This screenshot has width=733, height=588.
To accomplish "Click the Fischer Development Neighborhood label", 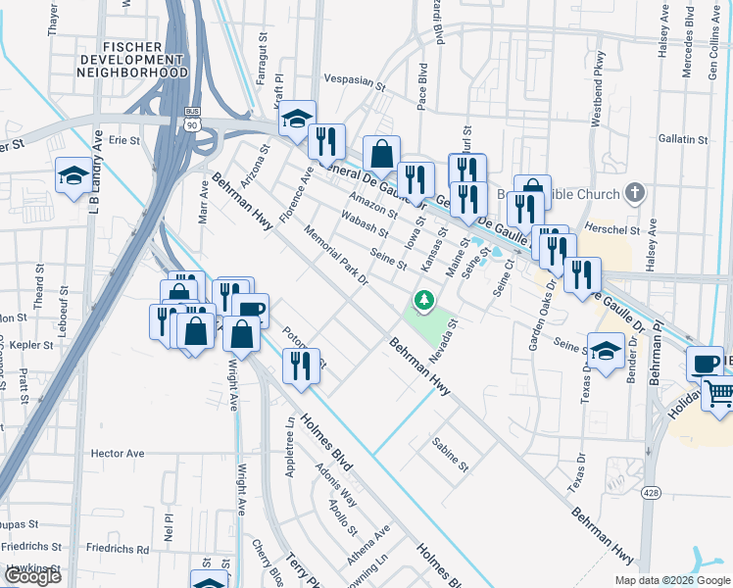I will (x=132, y=59).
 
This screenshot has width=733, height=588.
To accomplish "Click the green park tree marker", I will (x=424, y=301).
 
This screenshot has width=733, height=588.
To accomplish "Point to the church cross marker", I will (x=635, y=193).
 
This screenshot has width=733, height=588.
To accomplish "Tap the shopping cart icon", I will (x=718, y=394).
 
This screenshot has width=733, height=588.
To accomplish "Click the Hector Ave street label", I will (x=117, y=454).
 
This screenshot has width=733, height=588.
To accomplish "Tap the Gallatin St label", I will (x=683, y=140).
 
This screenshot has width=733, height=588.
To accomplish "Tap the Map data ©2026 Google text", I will (x=671, y=580).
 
